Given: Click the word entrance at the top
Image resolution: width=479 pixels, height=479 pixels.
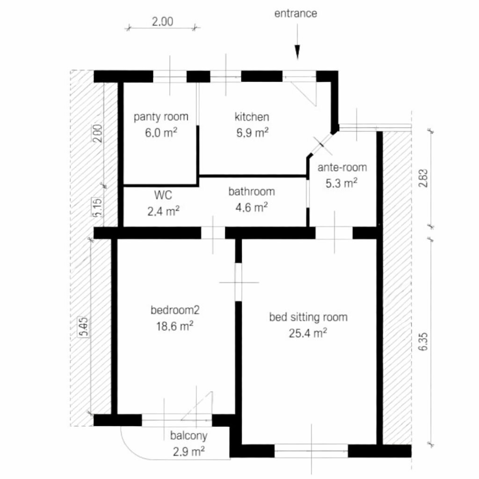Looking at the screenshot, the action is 296,14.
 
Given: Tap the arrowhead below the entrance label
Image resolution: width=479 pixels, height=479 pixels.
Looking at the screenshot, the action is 297,52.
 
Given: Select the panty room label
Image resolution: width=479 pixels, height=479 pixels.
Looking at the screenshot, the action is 161,117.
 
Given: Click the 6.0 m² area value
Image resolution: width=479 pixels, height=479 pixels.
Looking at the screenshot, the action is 161,133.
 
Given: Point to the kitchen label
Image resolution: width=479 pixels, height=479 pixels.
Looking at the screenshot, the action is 252,116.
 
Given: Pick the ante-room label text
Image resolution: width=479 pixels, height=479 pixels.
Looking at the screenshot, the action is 342,167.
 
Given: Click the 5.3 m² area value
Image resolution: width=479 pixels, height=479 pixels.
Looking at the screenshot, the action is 341,183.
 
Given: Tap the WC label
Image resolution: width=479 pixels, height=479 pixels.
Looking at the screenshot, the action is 163,195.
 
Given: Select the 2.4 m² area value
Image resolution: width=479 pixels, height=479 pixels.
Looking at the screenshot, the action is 163,211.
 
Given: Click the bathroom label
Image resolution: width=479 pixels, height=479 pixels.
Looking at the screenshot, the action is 251,191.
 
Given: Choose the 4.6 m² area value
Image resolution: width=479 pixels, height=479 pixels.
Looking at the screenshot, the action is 251,207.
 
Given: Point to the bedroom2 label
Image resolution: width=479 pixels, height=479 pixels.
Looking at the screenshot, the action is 175,310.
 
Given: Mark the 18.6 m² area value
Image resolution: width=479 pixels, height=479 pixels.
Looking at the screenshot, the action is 175,326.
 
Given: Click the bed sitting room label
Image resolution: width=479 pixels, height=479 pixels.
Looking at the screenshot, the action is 308,318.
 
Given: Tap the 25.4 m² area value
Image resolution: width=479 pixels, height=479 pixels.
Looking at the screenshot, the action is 308,333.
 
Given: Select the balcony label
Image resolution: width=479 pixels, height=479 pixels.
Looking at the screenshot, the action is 189,436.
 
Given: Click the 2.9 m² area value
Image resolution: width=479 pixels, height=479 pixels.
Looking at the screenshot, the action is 189,451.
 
